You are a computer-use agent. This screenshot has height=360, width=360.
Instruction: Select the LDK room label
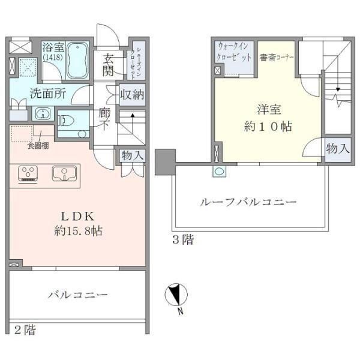click(x=76, y=216)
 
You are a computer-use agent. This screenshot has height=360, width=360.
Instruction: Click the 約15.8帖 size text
click(x=76, y=231)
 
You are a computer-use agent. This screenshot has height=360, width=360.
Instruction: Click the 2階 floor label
click(x=25, y=329)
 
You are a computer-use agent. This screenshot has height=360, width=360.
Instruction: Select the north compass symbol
click(x=176, y=297)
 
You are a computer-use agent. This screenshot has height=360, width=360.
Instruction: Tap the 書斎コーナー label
click(x=276, y=58)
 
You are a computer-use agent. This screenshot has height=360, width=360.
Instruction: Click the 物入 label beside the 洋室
click(x=338, y=148)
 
